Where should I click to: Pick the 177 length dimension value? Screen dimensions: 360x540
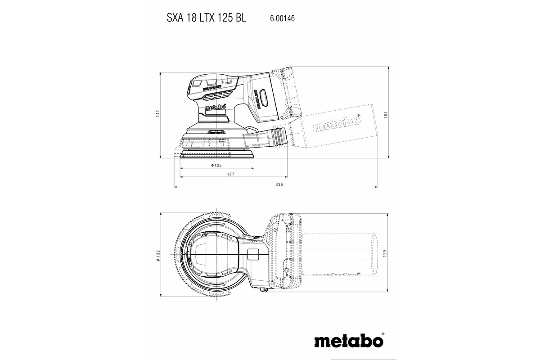point(230,174)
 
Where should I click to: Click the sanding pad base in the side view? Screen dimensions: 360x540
point(217,155)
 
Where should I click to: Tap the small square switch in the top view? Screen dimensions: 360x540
point(253,254)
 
